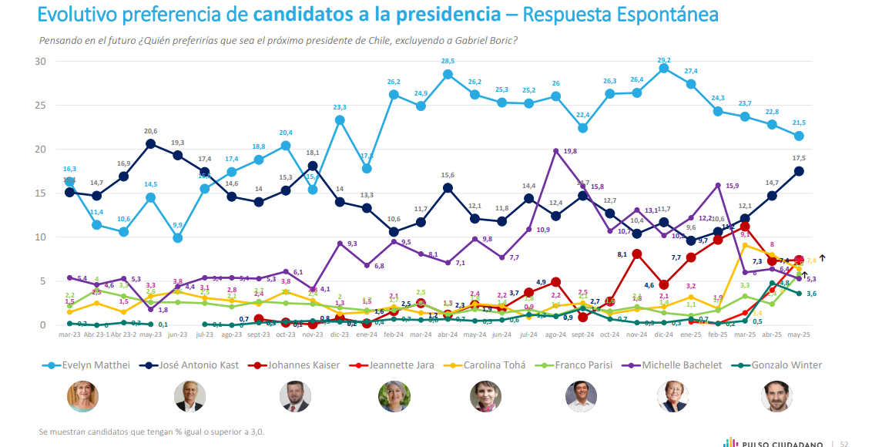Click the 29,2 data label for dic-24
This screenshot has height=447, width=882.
[664, 60]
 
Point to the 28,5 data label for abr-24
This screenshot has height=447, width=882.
[448, 62]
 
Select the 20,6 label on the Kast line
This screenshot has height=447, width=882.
[151, 132]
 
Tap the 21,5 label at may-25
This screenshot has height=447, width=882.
[799, 123]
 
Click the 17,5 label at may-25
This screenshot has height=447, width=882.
[799, 159]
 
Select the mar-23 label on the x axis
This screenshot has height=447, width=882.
[69, 335]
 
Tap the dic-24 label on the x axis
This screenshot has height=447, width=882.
[664, 335]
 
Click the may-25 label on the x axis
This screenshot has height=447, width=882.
[799, 335]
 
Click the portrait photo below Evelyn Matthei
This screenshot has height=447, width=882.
[82, 397]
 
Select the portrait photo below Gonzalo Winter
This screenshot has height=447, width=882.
[776, 397]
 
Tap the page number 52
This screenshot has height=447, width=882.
[843, 443]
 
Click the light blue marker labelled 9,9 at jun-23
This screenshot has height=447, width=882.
[178, 238]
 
